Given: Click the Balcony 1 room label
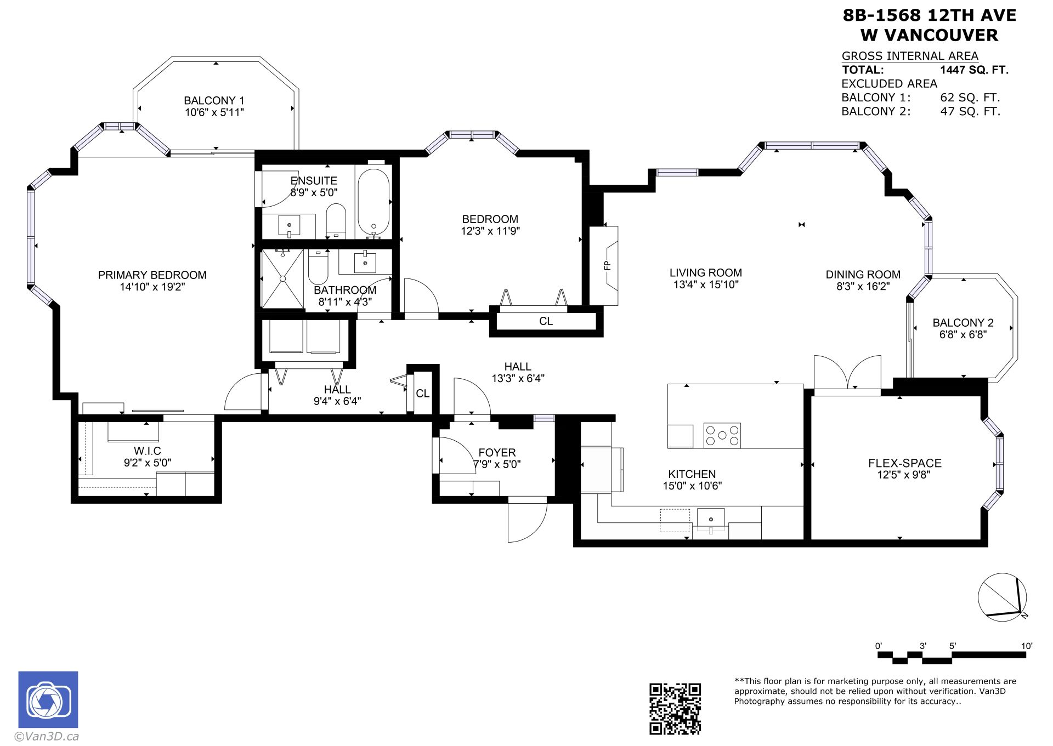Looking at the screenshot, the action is point(214,101).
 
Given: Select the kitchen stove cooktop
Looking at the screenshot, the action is point(722,435).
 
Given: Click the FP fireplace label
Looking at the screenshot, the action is point(607,266).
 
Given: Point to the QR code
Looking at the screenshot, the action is point(675,708).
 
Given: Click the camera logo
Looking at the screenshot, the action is point(48,699).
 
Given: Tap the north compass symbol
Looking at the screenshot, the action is point(1003,597).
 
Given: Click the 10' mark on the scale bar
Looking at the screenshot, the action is point(1026,646).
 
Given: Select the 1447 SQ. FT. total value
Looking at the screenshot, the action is point(974,70).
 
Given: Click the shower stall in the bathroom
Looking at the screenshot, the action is point(282,278).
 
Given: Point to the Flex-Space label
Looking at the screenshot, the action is point(905,463).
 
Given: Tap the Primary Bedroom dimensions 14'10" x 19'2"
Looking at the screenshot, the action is point(152,287).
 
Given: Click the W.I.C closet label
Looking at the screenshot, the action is point(148,451).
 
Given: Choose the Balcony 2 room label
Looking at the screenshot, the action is point(963,323).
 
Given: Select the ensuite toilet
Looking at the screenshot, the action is point(336,220).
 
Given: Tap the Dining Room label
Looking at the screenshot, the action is point(863,275).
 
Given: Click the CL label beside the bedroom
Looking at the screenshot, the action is point(546,321).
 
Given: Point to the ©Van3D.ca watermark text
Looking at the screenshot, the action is point(47,737).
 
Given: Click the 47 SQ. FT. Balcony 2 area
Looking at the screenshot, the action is point(970,112).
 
